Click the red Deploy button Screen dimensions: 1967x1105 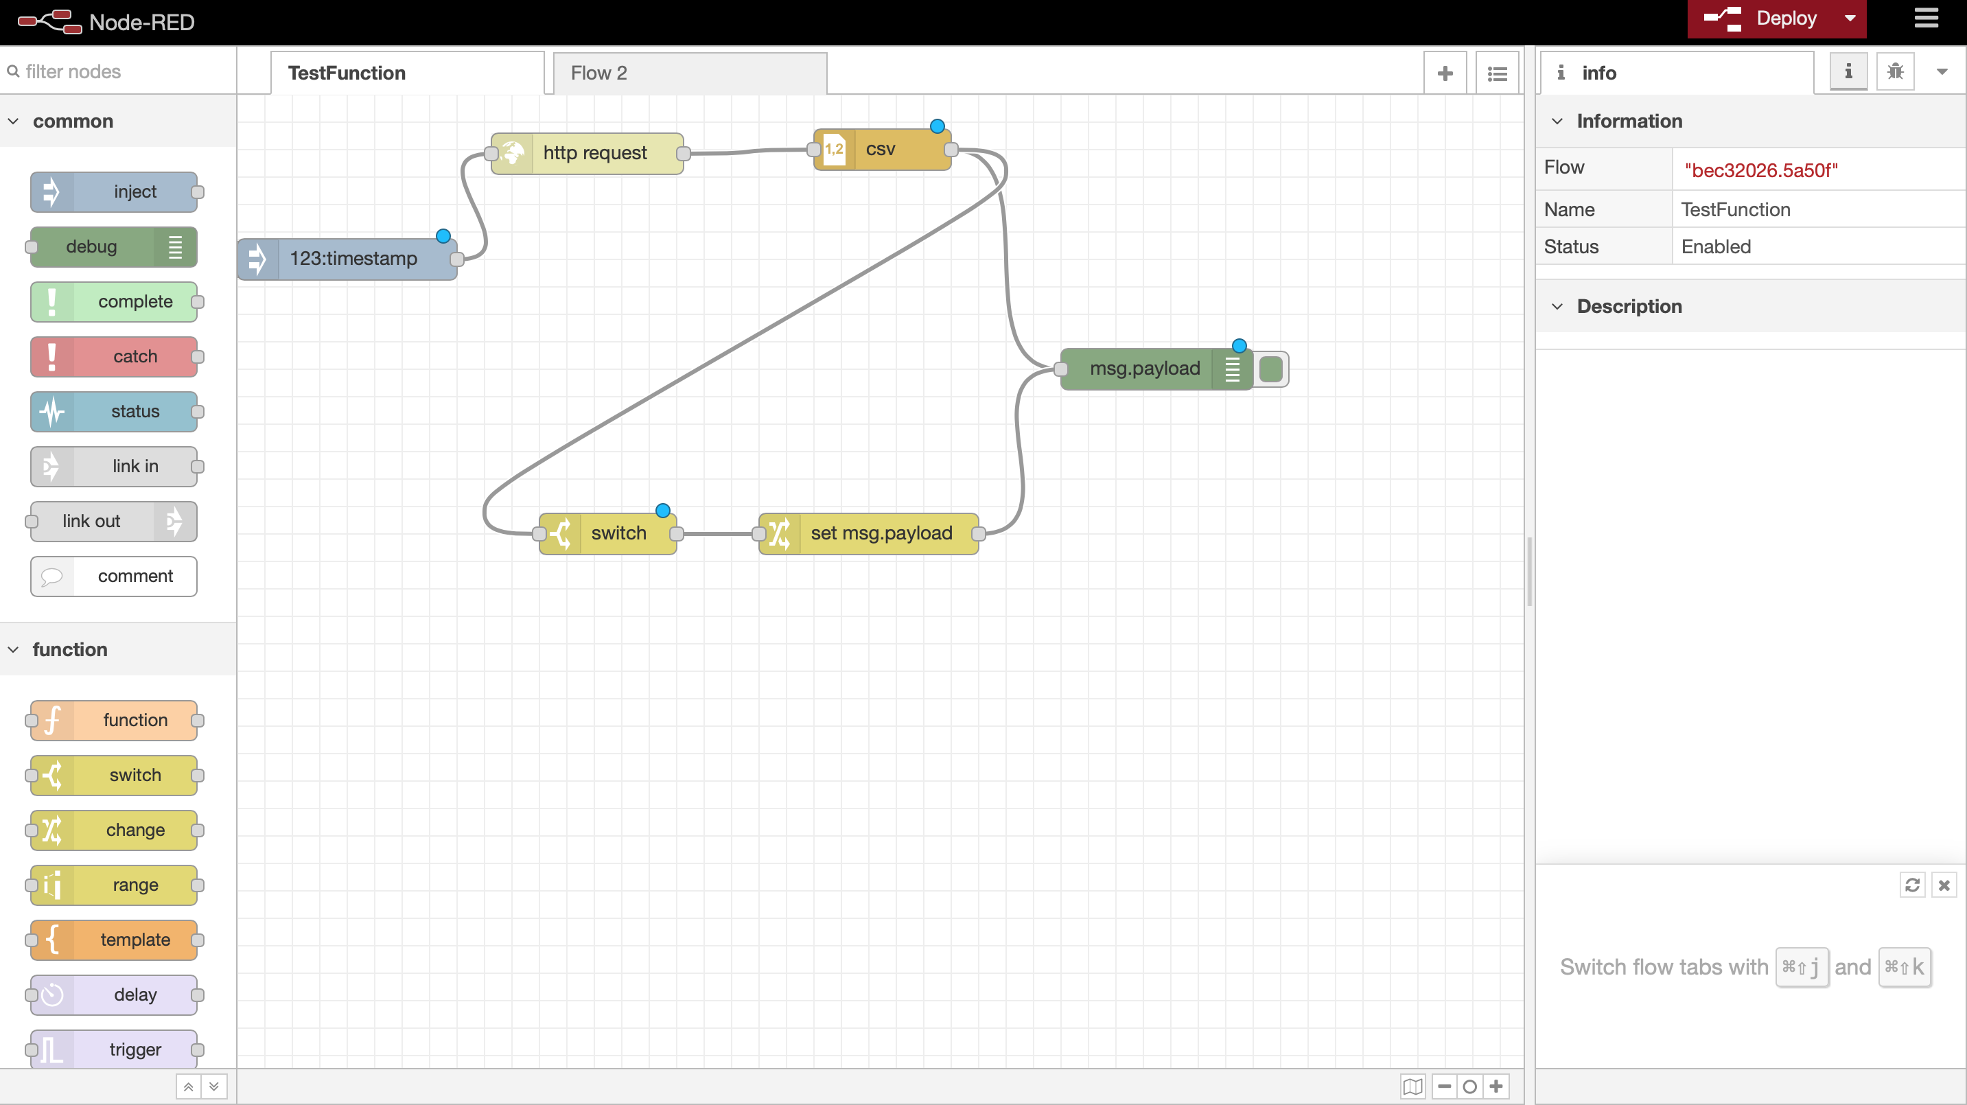click(1759, 19)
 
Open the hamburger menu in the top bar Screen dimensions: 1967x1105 click(1926, 19)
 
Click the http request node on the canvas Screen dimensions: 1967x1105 click(587, 153)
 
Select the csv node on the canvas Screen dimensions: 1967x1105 click(882, 150)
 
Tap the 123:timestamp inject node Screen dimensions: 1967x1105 click(347, 259)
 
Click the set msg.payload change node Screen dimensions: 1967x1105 click(869, 533)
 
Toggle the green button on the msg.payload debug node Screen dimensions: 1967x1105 click(1271, 370)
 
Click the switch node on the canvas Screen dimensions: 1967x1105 click(608, 533)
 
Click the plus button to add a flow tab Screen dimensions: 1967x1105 click(1445, 73)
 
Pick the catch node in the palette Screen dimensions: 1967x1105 click(114, 357)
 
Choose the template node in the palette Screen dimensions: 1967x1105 click(114, 940)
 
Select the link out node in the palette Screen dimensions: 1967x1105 click(114, 522)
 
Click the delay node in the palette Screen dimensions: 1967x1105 click(114, 995)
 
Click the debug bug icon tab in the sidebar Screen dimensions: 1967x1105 click(1895, 72)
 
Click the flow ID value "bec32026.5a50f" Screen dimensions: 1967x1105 click(1761, 170)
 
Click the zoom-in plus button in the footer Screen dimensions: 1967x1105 click(1496, 1086)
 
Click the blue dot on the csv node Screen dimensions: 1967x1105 click(938, 126)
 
